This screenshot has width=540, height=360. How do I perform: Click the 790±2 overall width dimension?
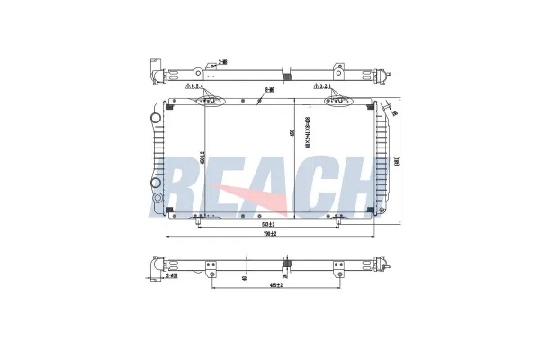pyautogui.click(x=267, y=233)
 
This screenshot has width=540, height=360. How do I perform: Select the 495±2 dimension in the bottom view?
pyautogui.click(x=274, y=286)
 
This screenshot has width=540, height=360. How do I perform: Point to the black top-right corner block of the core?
pyautogui.click(x=368, y=104)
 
